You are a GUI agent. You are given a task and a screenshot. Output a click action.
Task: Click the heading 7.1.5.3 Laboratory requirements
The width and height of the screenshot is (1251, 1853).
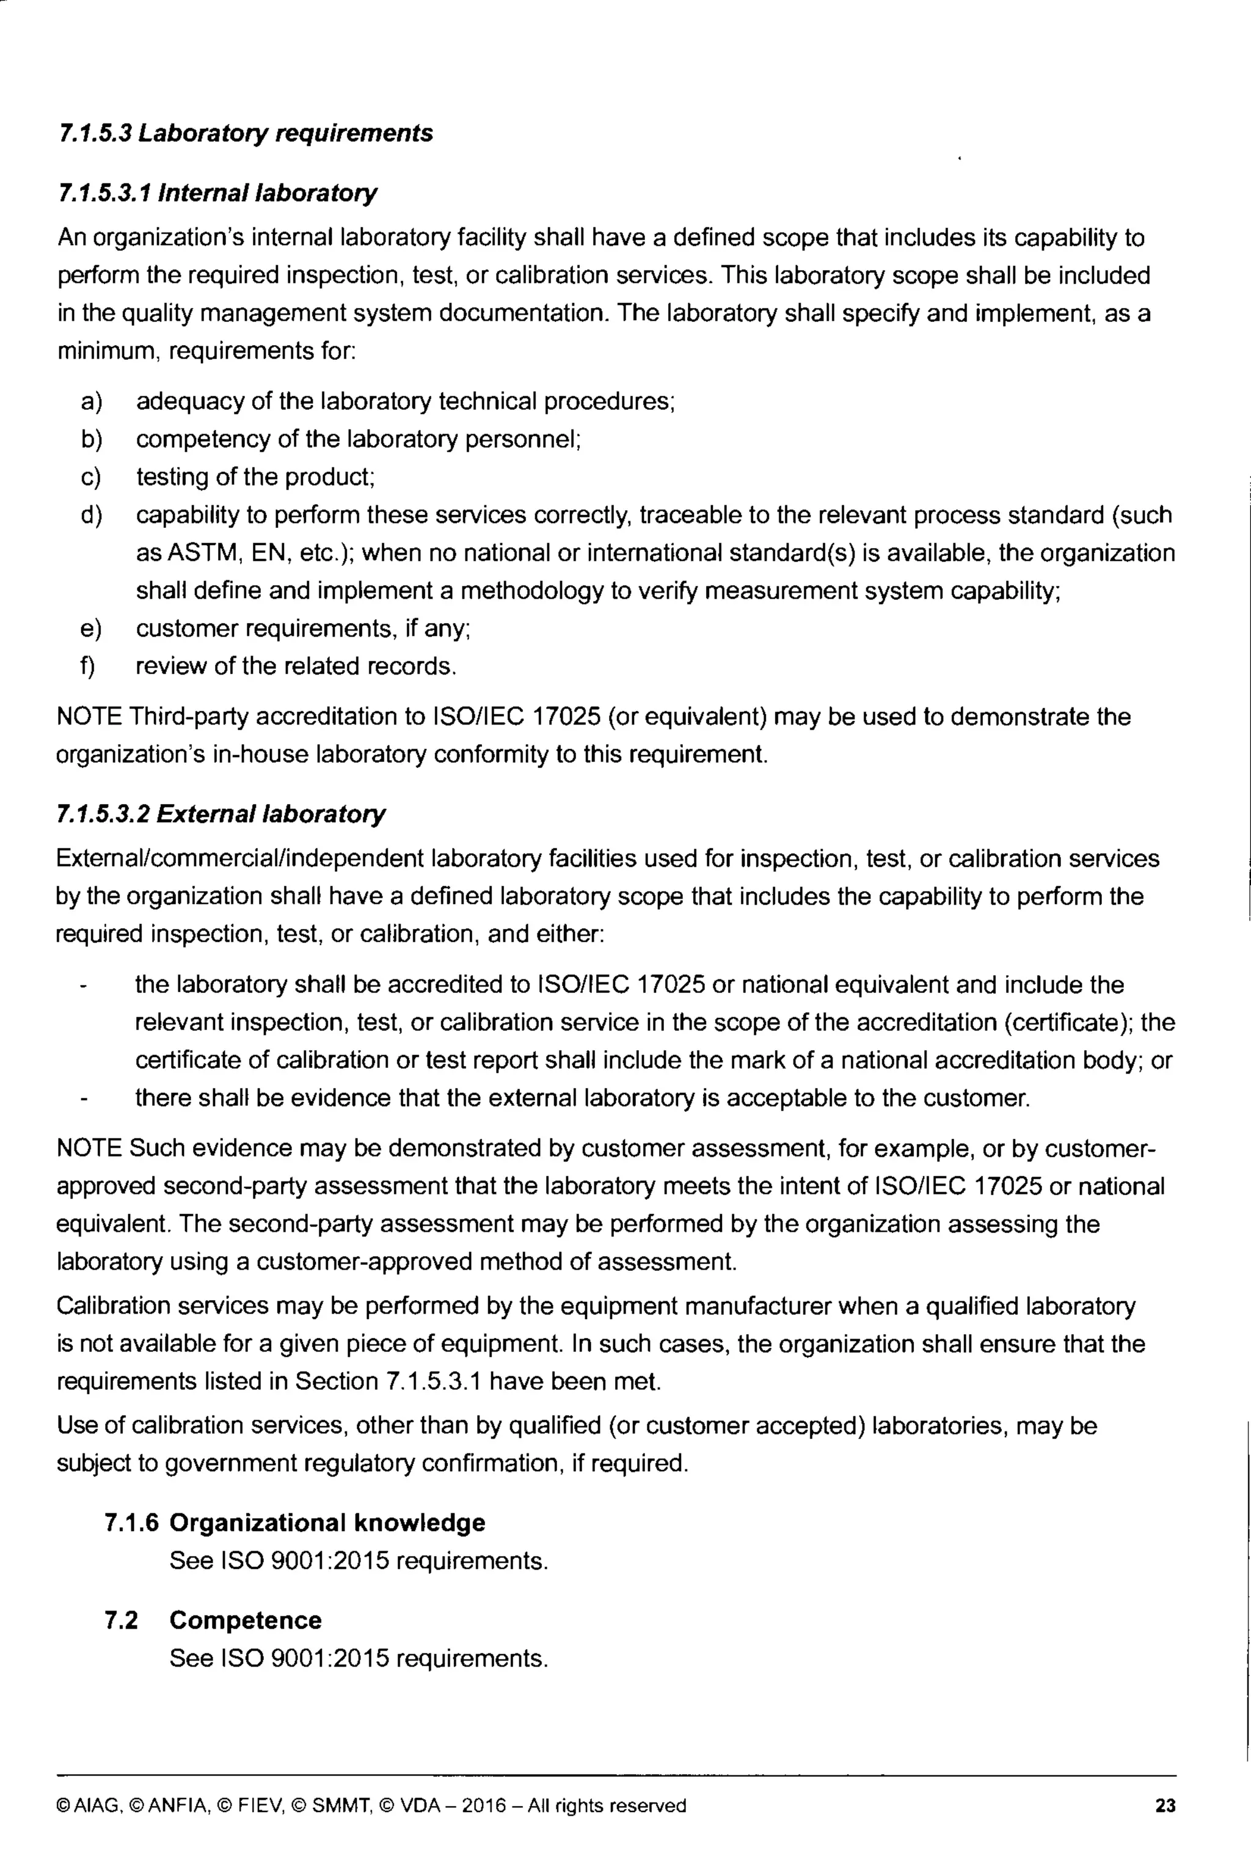point(246,133)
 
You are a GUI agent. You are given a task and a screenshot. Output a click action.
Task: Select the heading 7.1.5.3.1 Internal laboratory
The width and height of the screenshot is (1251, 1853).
point(217,193)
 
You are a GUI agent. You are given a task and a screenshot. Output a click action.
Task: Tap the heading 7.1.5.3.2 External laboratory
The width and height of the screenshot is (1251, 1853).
point(221,814)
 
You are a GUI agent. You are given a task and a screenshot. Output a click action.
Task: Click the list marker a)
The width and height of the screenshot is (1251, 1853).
point(91,401)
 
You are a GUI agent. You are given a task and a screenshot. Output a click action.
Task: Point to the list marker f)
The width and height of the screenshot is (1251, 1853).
point(88,666)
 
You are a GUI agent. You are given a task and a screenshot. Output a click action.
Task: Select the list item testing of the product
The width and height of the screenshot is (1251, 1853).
point(255,477)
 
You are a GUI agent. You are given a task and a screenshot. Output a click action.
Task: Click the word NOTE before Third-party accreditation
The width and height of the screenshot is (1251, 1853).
point(89,716)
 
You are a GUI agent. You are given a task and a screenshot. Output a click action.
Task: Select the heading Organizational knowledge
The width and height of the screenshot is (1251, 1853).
point(327,1523)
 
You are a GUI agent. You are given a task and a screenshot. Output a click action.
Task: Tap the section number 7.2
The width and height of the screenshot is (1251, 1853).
point(120,1620)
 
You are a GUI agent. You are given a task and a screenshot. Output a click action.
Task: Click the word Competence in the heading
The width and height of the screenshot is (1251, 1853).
point(246,1620)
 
